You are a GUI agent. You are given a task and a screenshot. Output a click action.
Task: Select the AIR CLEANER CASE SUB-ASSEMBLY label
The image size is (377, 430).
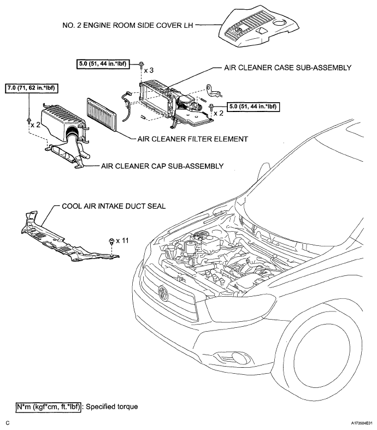(x=287, y=68)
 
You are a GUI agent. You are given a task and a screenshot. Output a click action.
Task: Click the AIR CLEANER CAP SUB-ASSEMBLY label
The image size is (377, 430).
(x=162, y=164)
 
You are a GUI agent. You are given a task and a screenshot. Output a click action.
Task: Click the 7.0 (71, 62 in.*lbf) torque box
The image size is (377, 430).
(x=32, y=87)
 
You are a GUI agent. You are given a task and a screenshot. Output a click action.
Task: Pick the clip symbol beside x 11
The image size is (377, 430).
(x=111, y=240)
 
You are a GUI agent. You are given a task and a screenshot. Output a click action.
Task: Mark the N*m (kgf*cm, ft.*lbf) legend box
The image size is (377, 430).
(x=49, y=407)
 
